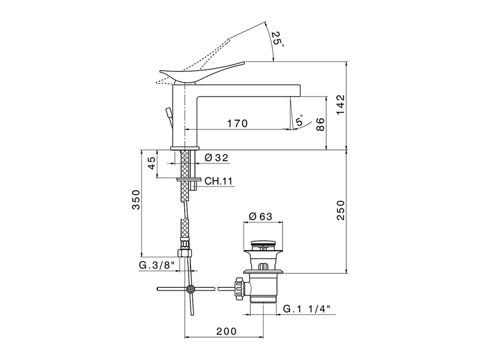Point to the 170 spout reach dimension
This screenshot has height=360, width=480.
point(237,123)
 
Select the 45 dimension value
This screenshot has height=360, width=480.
point(151,163)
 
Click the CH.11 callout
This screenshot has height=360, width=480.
point(218,181)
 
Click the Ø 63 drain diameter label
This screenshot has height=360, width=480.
point(260,216)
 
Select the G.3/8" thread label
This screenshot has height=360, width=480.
point(157,265)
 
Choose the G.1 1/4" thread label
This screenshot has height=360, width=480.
point(306,309)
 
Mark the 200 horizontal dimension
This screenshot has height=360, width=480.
point(226,331)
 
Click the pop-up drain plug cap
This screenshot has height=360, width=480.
point(263,243)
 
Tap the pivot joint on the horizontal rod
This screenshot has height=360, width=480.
point(191,289)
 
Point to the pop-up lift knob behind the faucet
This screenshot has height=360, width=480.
point(169,112)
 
